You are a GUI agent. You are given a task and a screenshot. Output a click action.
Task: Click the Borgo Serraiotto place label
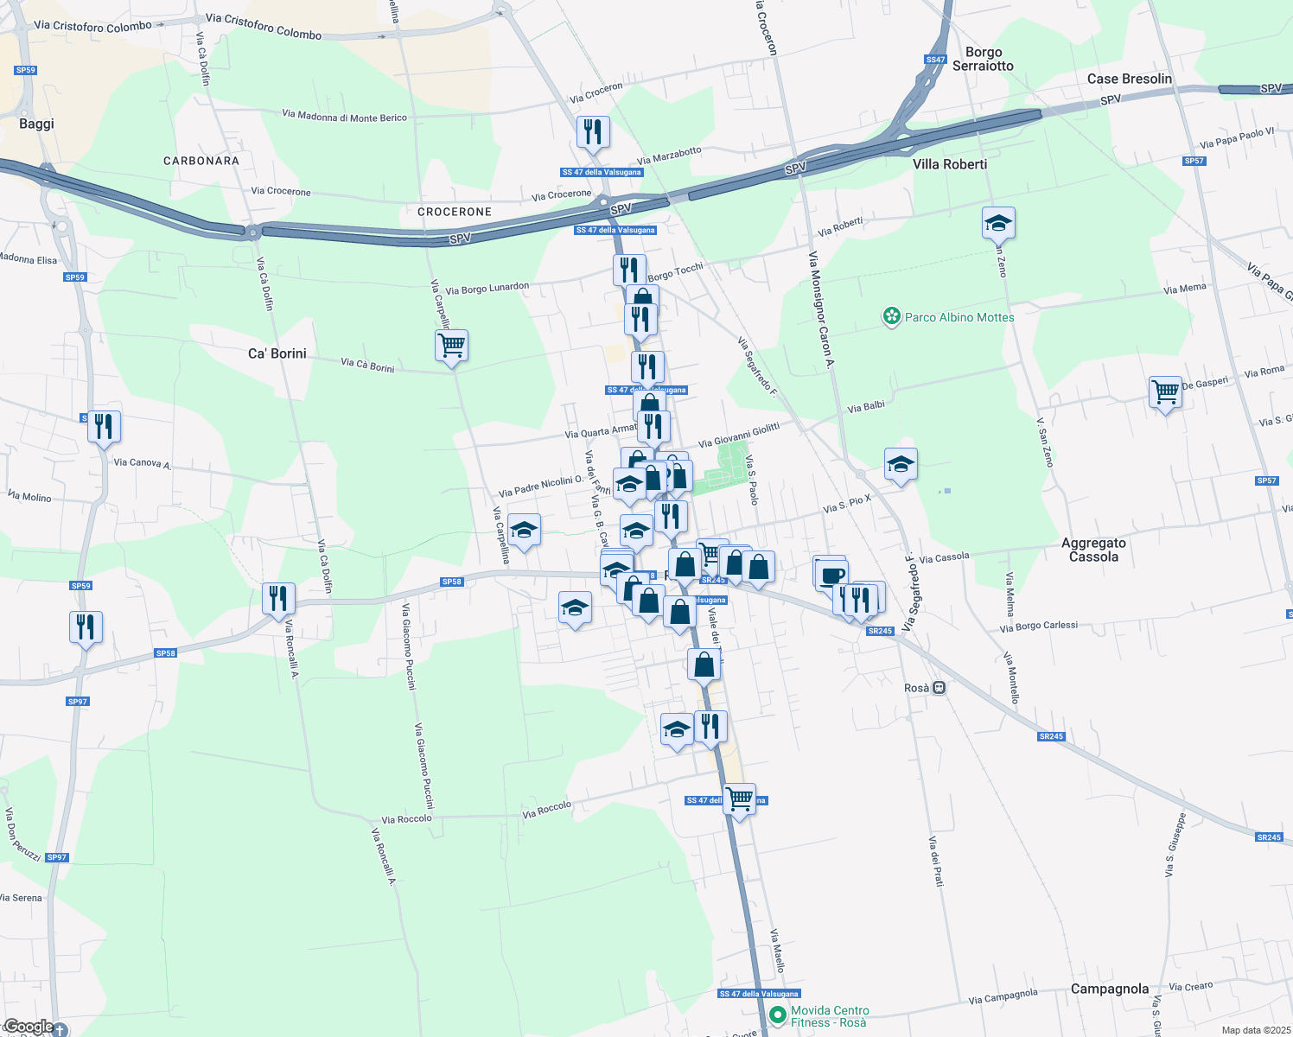pyautogui.click(x=983, y=59)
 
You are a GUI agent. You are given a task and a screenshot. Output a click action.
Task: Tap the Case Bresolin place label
pyautogui.click(x=1129, y=79)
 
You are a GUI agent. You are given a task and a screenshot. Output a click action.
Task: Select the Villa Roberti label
pyautogui.click(x=949, y=164)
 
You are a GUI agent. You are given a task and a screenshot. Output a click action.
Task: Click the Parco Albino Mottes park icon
pyautogui.click(x=891, y=317)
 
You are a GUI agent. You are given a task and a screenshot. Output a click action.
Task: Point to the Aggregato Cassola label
pyautogui.click(x=1093, y=550)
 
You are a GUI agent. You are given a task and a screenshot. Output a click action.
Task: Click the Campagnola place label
pyautogui.click(x=1109, y=989)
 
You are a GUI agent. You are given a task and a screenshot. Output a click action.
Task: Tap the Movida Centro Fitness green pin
pyautogui.click(x=777, y=1015)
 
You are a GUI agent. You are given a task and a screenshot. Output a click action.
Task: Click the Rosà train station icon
pyautogui.click(x=939, y=688)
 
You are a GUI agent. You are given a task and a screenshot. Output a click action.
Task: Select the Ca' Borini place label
pyautogui.click(x=277, y=353)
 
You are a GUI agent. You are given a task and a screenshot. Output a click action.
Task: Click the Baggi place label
pyautogui.click(x=36, y=124)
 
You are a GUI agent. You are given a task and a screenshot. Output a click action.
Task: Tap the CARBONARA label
pyautogui.click(x=201, y=161)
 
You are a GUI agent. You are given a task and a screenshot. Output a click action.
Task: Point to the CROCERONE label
pyautogui.click(x=454, y=212)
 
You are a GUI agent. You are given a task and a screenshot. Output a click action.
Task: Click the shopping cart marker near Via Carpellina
pyautogui.click(x=451, y=346)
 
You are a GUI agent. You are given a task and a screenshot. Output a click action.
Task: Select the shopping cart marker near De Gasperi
pyautogui.click(x=1165, y=391)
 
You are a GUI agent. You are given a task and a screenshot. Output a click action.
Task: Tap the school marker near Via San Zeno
pyautogui.click(x=998, y=223)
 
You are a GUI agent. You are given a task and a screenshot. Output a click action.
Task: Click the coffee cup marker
pyautogui.click(x=832, y=575)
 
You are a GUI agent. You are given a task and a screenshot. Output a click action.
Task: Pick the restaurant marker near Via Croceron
pyautogui.click(x=593, y=131)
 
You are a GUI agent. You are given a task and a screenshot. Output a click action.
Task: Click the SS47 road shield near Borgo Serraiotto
pyautogui.click(x=935, y=60)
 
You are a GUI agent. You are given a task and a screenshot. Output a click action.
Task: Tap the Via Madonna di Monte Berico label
pyautogui.click(x=344, y=116)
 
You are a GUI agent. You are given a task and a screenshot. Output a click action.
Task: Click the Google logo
pyautogui.click(x=29, y=1027)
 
